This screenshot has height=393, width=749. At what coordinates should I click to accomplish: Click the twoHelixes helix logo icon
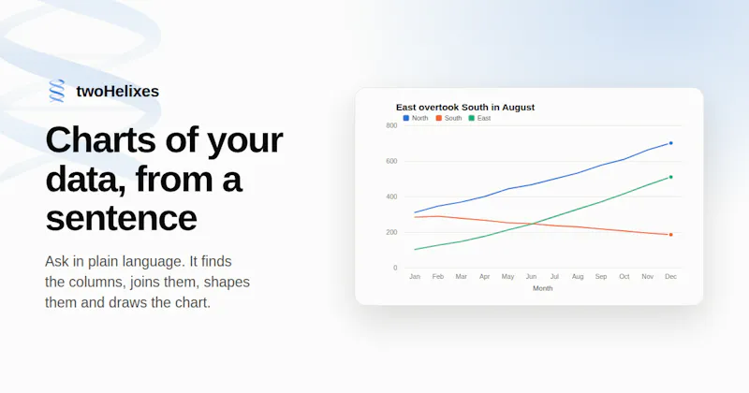pos(57,91)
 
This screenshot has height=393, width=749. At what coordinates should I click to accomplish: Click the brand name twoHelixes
pos(118,91)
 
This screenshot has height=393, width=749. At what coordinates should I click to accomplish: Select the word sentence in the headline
pos(122,218)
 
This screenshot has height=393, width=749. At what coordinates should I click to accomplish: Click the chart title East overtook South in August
pos(465,108)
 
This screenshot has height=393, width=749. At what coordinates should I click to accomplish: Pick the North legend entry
pos(416,118)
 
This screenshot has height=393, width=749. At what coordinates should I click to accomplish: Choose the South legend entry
pos(448,118)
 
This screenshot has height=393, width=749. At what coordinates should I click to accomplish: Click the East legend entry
pos(479,118)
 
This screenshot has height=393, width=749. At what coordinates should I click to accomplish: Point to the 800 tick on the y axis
pos(391,125)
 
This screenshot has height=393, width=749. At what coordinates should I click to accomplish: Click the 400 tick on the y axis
pos(391,196)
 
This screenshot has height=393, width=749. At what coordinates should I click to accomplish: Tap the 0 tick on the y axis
pos(395,268)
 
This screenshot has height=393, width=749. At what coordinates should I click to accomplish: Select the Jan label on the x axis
pos(415,276)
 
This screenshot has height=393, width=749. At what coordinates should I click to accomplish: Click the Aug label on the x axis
pos(578,276)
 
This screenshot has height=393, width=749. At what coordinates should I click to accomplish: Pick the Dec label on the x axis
pos(670,276)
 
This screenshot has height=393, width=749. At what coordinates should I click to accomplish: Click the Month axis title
pos(543,288)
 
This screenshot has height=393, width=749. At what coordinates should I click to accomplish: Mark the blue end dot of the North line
pos(670,143)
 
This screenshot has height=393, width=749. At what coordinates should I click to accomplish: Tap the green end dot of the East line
pos(670,177)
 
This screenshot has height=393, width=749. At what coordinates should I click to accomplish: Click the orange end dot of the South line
pos(670,235)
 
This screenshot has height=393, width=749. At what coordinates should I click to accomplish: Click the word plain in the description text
pos(104,262)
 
